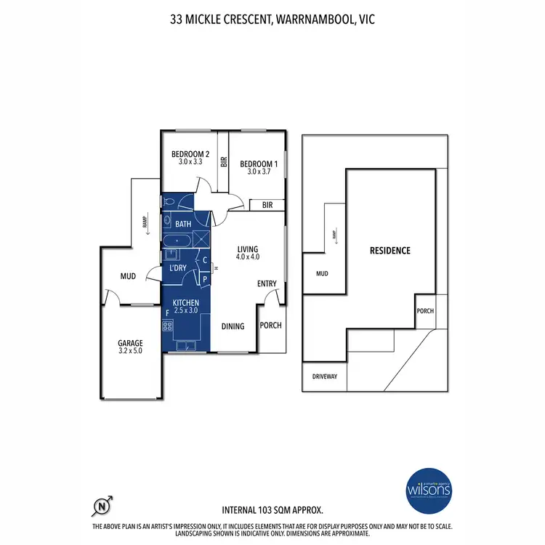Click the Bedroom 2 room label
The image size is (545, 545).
190,154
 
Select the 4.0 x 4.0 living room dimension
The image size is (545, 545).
248,257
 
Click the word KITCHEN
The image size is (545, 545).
186,302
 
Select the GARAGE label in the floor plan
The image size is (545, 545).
131,343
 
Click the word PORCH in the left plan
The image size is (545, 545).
270,326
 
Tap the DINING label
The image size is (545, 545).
233,326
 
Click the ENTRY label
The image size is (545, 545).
267,284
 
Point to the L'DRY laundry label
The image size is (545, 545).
178,269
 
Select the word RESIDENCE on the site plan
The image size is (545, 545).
390,251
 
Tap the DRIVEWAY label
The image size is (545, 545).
325,377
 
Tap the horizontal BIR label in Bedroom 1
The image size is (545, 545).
267,206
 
